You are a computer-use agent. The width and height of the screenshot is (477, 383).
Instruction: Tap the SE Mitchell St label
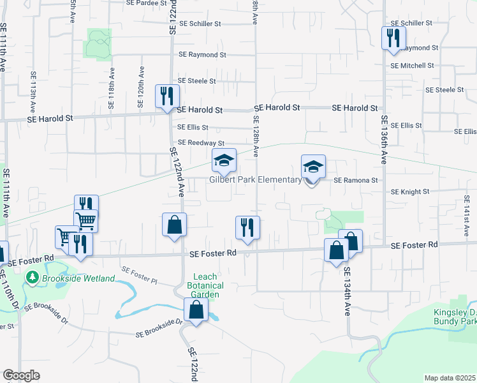412,66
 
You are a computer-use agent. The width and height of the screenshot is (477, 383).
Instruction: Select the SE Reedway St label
201,143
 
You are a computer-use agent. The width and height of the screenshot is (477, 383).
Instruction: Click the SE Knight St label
411,191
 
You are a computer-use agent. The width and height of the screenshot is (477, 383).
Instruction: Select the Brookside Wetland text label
78,278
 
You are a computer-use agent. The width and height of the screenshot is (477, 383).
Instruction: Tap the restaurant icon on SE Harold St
168,96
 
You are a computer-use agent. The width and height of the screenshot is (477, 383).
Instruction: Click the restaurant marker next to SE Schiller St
393,37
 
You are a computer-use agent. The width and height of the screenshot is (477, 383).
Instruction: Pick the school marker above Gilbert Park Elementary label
224,161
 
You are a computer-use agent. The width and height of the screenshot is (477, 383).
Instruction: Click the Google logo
21,375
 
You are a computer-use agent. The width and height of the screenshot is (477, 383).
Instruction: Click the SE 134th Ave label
348,293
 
